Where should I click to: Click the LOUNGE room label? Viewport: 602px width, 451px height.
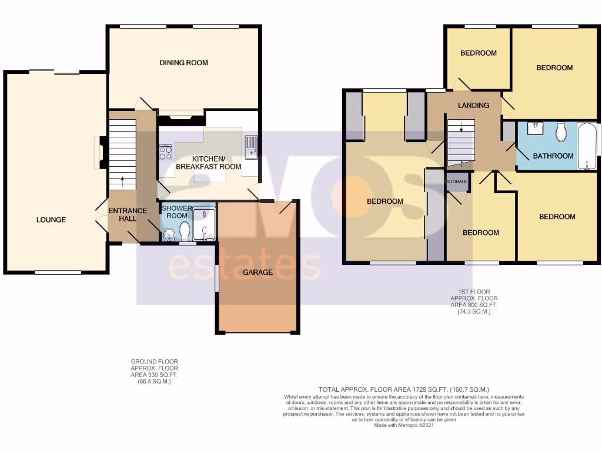click(51, 220)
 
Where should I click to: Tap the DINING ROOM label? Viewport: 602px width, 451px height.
click(184, 63)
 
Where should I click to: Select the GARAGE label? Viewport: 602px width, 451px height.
click(258, 272)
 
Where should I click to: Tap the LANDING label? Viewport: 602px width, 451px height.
click(474, 106)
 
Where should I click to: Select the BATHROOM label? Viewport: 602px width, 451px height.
click(553, 156)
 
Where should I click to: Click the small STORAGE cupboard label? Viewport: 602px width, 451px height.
click(457, 181)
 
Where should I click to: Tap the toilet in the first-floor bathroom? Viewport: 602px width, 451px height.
click(560, 132)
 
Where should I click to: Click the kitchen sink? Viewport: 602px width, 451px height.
click(251, 147)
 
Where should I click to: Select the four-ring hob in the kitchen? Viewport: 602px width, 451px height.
click(165, 152)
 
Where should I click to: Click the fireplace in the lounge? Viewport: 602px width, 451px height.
click(101, 153)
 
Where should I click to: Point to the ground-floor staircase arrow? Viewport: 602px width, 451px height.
click(123, 180)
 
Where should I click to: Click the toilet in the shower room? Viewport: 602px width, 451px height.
click(185, 231)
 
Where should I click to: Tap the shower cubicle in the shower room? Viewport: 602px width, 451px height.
click(205, 224)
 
